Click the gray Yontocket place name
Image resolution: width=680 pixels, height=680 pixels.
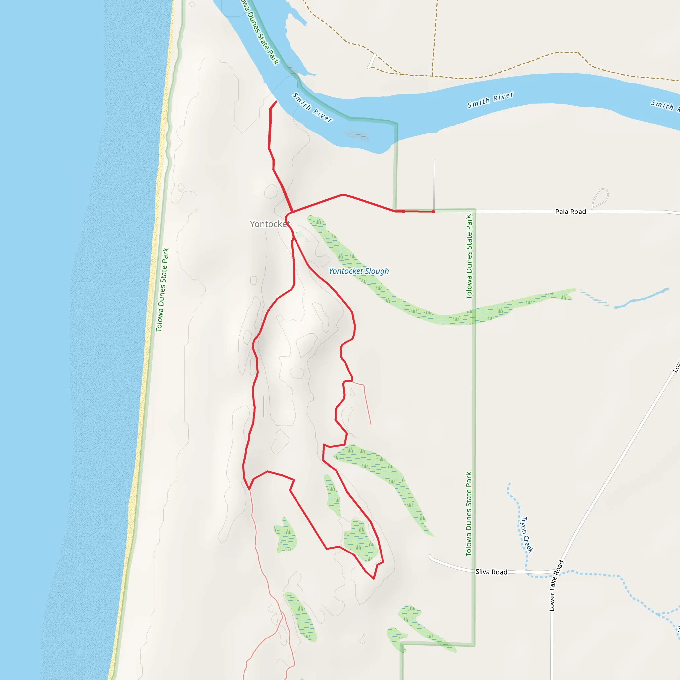(270, 224)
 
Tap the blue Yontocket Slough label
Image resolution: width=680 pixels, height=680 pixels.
(359, 271)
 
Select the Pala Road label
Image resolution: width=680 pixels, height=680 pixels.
(570, 212)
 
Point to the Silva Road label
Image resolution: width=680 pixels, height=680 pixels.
(491, 572)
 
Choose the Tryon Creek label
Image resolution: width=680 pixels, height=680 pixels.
(527, 534)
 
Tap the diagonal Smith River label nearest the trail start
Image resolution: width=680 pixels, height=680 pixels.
(312, 107)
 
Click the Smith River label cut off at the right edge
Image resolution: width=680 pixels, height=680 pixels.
(664, 105)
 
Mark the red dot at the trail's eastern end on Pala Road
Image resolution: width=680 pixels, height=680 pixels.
(433, 212)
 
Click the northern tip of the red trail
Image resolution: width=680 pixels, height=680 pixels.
(276, 101)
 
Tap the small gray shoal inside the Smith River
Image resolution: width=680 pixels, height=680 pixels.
(357, 135)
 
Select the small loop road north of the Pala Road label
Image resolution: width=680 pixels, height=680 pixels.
(600, 198)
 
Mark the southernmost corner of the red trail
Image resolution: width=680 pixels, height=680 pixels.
(374, 579)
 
